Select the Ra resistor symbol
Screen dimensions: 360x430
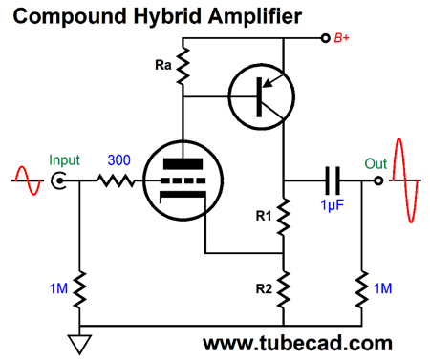(182, 65)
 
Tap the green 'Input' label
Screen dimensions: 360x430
(66, 159)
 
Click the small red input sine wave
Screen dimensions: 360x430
(23, 179)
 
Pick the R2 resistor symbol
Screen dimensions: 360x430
(284, 288)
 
